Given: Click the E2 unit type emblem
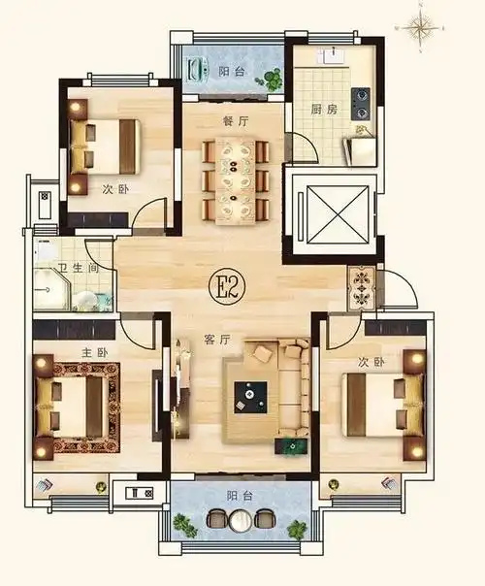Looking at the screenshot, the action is coord(227,287).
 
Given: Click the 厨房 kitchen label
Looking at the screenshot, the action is coord(324,110).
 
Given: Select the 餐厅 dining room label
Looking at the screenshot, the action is coord(235,121).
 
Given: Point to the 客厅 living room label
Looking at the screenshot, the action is coord(218,340).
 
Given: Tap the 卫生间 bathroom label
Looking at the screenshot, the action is coord(79,268).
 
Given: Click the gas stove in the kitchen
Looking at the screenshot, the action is coord(361,104).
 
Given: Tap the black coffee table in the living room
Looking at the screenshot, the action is coord(250,397).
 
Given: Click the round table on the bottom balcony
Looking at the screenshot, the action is coord(241,520).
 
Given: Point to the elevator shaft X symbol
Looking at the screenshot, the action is coord(338,214).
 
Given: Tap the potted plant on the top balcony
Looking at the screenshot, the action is coord(273,80).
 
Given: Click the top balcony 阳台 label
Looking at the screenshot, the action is coord(231,71).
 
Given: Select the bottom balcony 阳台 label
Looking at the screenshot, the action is coord(240,496).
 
